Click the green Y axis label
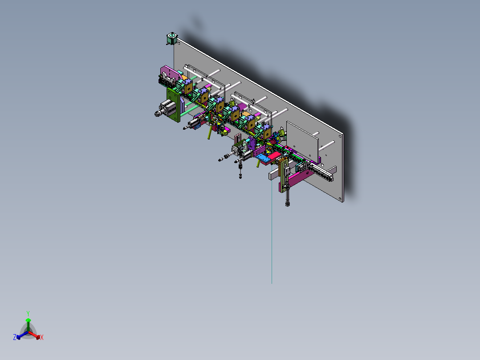28,313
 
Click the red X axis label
42,338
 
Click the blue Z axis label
14,338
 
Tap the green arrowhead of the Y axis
28,320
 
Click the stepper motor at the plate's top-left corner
171,38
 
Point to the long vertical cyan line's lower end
272,282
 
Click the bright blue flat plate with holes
265,158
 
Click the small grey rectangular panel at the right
303,140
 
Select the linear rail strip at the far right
321,172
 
